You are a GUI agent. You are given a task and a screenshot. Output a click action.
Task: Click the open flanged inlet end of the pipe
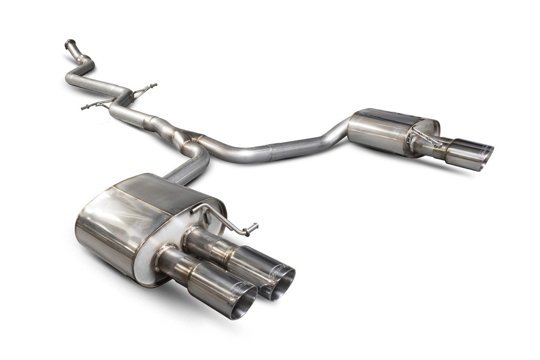coord(70,43)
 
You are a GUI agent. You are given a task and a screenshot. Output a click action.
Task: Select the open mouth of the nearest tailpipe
coord(242,306)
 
